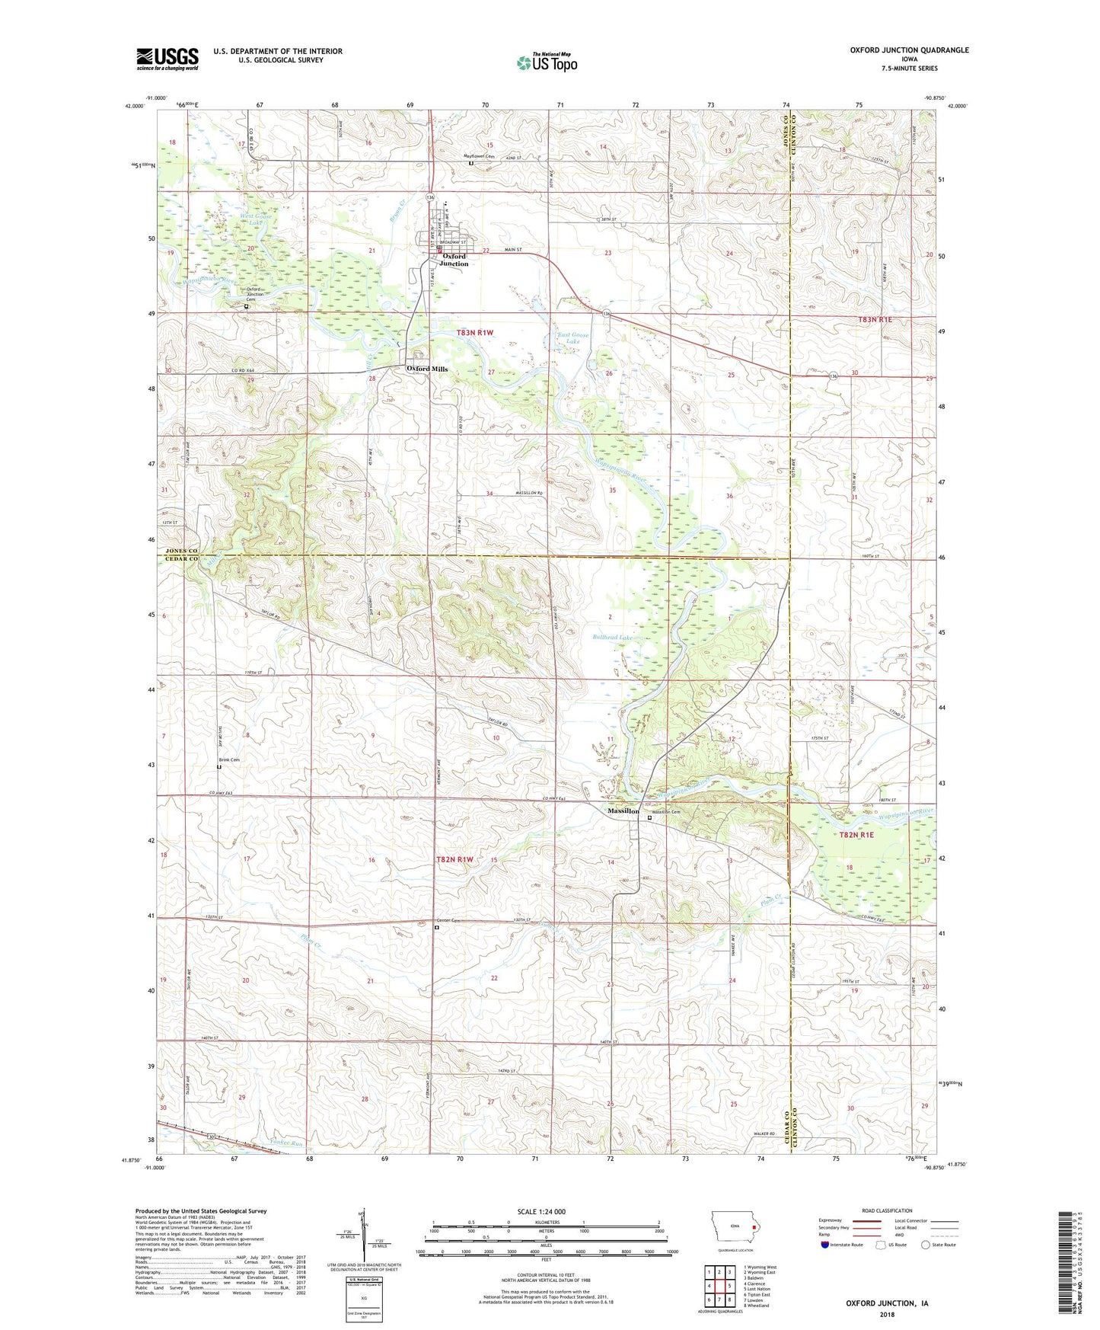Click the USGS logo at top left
point(167,59)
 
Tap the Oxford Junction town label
point(454,260)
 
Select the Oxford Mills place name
point(427,369)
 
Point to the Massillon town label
point(623,811)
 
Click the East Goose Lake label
point(573,338)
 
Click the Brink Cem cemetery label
point(229,760)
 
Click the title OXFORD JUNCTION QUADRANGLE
point(909,50)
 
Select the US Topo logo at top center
point(547,62)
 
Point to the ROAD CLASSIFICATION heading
point(886,1210)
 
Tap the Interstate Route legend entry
point(842,1245)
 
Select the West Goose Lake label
point(256,219)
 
